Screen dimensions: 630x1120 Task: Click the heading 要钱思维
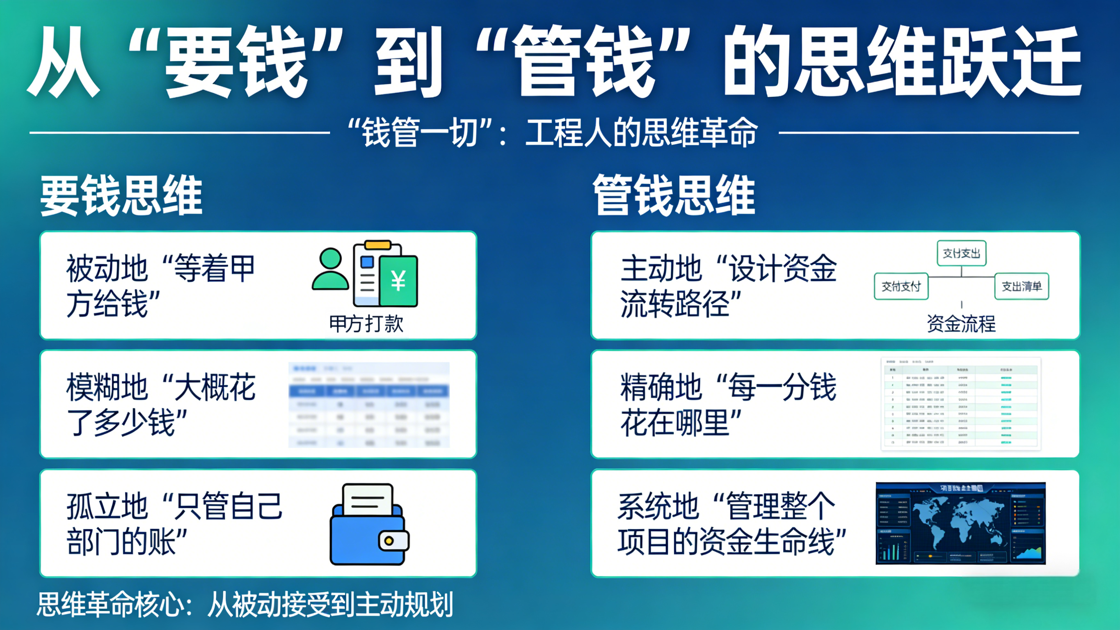[121, 195]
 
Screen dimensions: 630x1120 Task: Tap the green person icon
[330, 270]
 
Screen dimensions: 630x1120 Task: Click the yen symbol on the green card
[398, 281]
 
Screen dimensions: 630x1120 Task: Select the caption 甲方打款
[366, 324]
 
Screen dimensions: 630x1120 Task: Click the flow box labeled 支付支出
[961, 253]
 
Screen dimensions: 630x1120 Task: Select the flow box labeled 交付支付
[901, 286]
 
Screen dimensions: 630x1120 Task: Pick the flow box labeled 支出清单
[1021, 286]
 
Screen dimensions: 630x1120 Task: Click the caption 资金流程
[961, 324]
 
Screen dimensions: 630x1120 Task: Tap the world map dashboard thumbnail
[960, 523]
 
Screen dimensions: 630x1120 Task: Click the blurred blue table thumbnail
[369, 405]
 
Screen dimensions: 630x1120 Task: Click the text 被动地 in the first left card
[107, 269]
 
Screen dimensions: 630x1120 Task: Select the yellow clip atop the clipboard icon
[377, 245]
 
